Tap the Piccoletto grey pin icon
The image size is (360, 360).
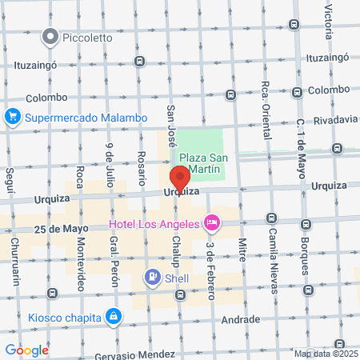coord(51,36)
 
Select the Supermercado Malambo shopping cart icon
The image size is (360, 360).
coord(12,118)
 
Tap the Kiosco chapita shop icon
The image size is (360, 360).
coord(115,316)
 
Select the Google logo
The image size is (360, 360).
coord(26,350)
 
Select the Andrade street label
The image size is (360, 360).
coord(241,319)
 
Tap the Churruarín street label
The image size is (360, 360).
coord(14,259)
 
